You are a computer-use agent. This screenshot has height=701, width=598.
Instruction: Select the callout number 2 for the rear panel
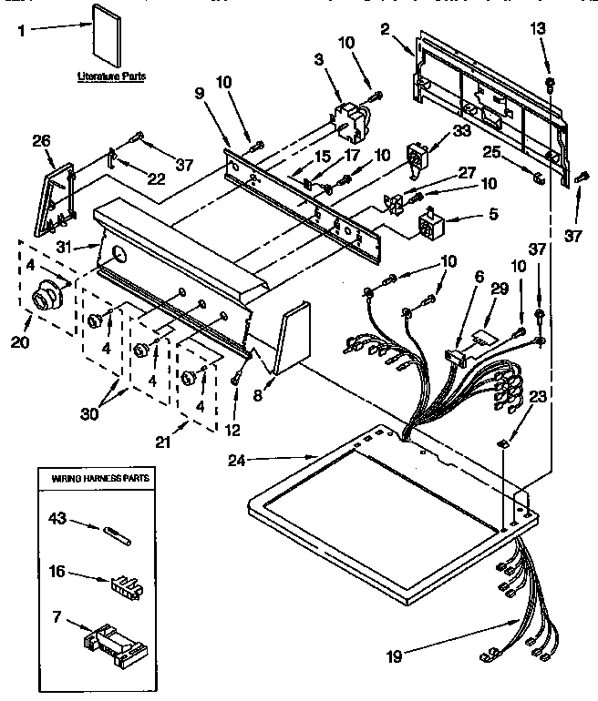coord(386,29)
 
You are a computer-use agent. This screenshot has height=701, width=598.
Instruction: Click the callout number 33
coord(462,131)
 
